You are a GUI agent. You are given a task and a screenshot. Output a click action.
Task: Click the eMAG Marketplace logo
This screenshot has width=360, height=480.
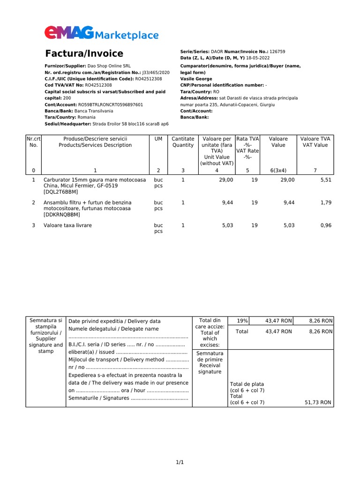(x=101, y=34)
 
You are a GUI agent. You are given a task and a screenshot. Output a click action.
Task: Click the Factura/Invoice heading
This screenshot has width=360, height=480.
(x=84, y=53)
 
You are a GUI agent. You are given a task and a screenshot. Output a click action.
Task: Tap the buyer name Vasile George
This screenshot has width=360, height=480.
(x=196, y=79)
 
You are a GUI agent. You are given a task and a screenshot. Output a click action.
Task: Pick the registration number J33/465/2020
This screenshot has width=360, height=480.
(x=156, y=73)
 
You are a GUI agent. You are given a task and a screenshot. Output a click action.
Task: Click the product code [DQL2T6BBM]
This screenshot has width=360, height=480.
(x=61, y=192)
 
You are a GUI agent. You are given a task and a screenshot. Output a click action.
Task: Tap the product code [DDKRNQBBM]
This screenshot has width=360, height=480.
(x=62, y=215)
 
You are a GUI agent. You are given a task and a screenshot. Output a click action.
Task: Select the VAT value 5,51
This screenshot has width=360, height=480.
(x=326, y=180)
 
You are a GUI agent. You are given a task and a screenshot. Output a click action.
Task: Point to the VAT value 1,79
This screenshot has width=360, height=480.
(x=326, y=202)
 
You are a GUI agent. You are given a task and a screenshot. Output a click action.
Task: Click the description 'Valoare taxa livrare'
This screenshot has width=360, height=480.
(x=67, y=225)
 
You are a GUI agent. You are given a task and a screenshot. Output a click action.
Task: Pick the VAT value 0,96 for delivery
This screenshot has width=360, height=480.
(x=326, y=225)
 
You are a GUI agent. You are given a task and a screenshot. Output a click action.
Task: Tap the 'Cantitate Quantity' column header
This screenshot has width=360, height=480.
(x=183, y=142)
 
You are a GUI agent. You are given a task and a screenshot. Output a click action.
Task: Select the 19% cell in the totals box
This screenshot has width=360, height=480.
(x=242, y=321)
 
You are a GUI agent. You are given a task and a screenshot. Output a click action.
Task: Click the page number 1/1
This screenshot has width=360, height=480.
(x=180, y=463)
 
